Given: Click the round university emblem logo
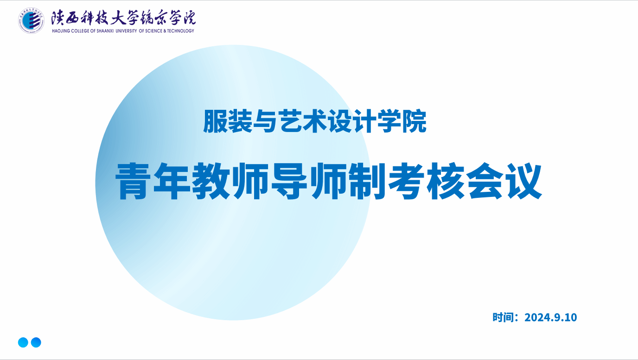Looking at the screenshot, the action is click(x=31, y=21).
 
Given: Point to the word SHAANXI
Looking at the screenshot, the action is click(x=105, y=31).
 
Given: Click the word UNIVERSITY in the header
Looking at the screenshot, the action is click(x=127, y=31).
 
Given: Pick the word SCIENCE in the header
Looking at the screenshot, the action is click(x=154, y=31).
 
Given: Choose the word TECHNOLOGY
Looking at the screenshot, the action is click(x=180, y=31).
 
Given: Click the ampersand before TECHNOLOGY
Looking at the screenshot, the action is click(x=165, y=31).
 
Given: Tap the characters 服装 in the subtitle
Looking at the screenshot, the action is click(x=228, y=121).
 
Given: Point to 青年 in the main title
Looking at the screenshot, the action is click(x=153, y=181).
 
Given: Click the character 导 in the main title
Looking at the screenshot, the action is click(x=289, y=181).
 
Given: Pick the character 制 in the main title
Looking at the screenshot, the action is click(x=367, y=181).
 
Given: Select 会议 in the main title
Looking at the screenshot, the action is click(x=504, y=181).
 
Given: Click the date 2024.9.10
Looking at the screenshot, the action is click(x=550, y=317).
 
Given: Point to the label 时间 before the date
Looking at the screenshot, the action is click(x=503, y=317).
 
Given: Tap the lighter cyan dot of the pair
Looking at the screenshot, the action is click(x=23, y=342).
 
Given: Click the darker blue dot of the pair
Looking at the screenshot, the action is click(x=36, y=342).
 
